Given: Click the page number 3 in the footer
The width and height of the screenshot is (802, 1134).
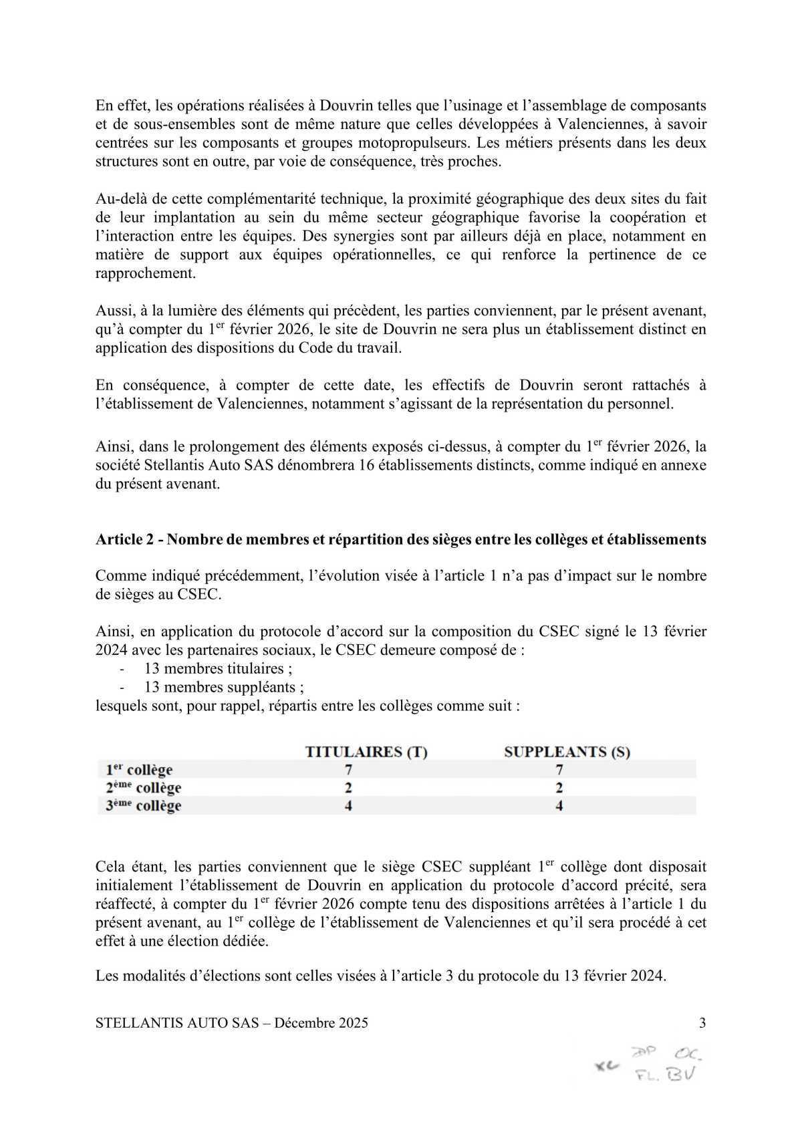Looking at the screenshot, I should pyautogui.click(x=702, y=1022).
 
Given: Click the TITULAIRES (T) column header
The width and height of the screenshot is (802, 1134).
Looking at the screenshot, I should pyautogui.click(x=366, y=751).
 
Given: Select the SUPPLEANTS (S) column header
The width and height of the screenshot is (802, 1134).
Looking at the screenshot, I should pyautogui.click(x=567, y=751).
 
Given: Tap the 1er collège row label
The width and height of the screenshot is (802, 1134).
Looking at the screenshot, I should pyautogui.click(x=139, y=770).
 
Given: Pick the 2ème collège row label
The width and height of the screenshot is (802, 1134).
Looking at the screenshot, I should pyautogui.click(x=143, y=788).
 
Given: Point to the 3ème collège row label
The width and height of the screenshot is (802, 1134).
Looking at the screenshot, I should pyautogui.click(x=143, y=806).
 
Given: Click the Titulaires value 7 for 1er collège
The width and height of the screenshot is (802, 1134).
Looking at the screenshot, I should pyautogui.click(x=348, y=770).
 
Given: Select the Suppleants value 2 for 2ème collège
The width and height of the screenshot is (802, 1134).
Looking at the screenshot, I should pyautogui.click(x=559, y=788).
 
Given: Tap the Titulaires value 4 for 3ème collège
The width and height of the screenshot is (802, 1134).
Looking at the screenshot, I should pyautogui.click(x=348, y=806).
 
